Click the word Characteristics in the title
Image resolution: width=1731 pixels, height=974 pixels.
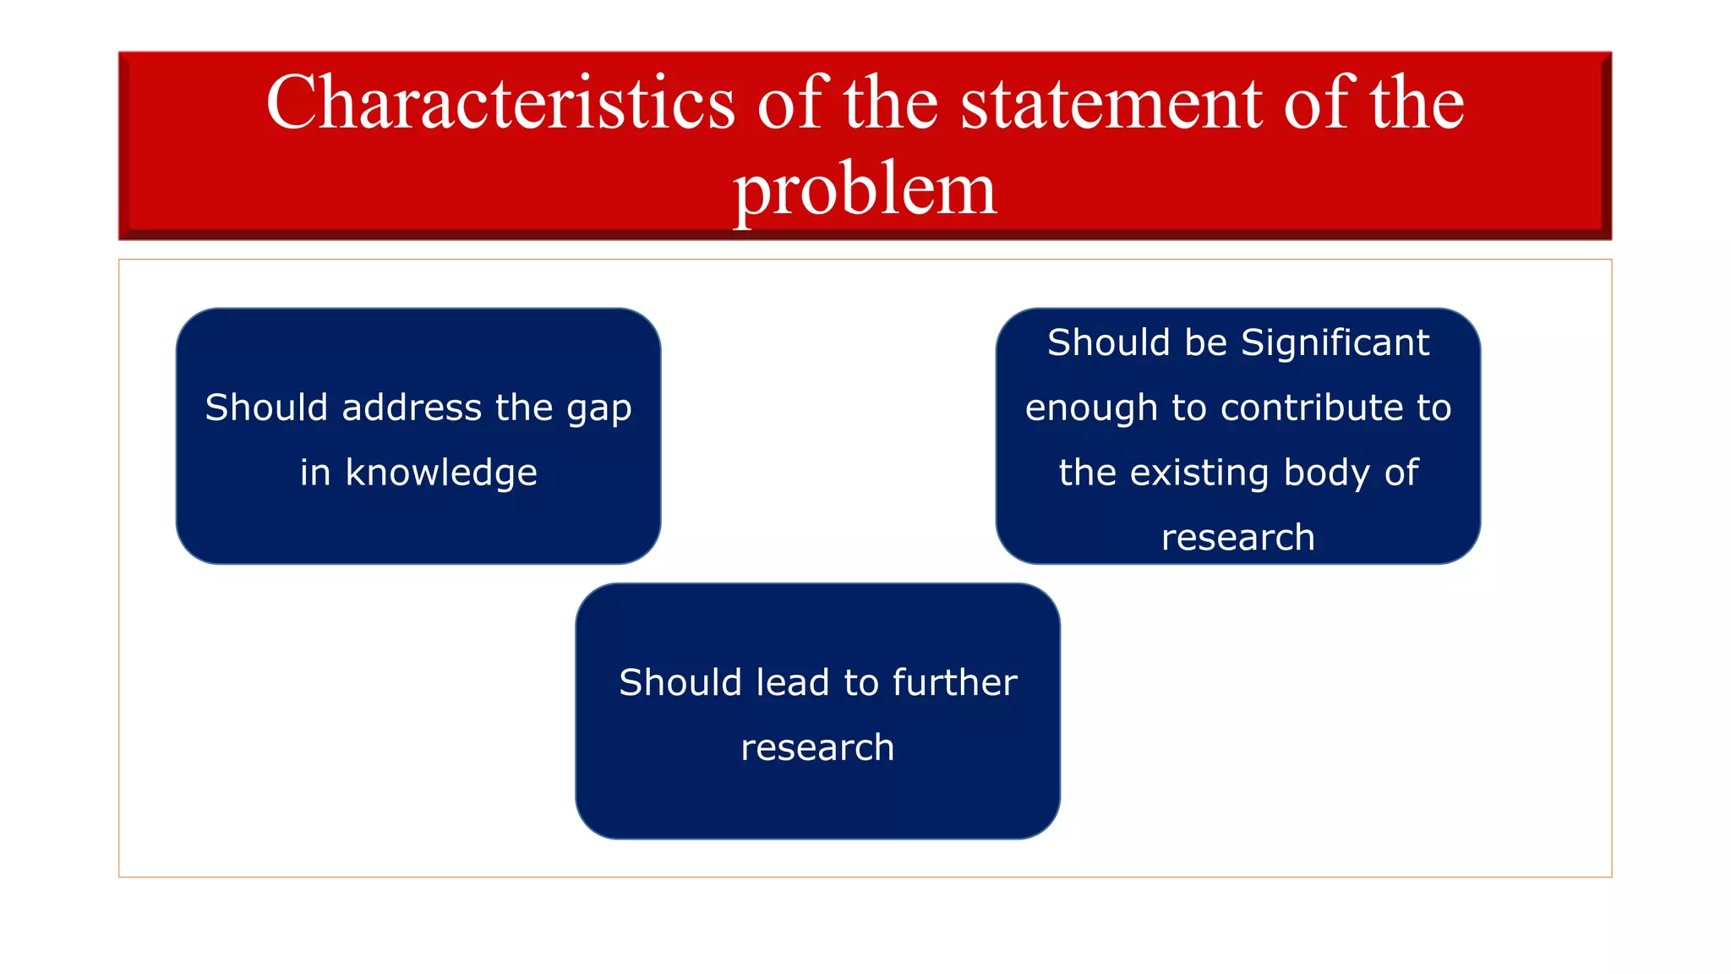tap(500, 102)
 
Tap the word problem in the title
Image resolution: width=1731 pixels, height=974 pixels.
tap(865, 191)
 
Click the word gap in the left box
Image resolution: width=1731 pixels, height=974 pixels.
tap(598, 409)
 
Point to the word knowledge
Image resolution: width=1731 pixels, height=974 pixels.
tap(441, 473)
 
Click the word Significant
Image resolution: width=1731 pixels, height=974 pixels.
tap(1335, 343)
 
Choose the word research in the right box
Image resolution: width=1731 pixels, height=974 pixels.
tap(1237, 538)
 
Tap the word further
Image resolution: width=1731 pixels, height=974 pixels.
tap(954, 682)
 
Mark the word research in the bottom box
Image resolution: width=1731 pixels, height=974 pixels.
tap(817, 747)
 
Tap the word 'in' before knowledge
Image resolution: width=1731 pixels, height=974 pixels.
tap(314, 473)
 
